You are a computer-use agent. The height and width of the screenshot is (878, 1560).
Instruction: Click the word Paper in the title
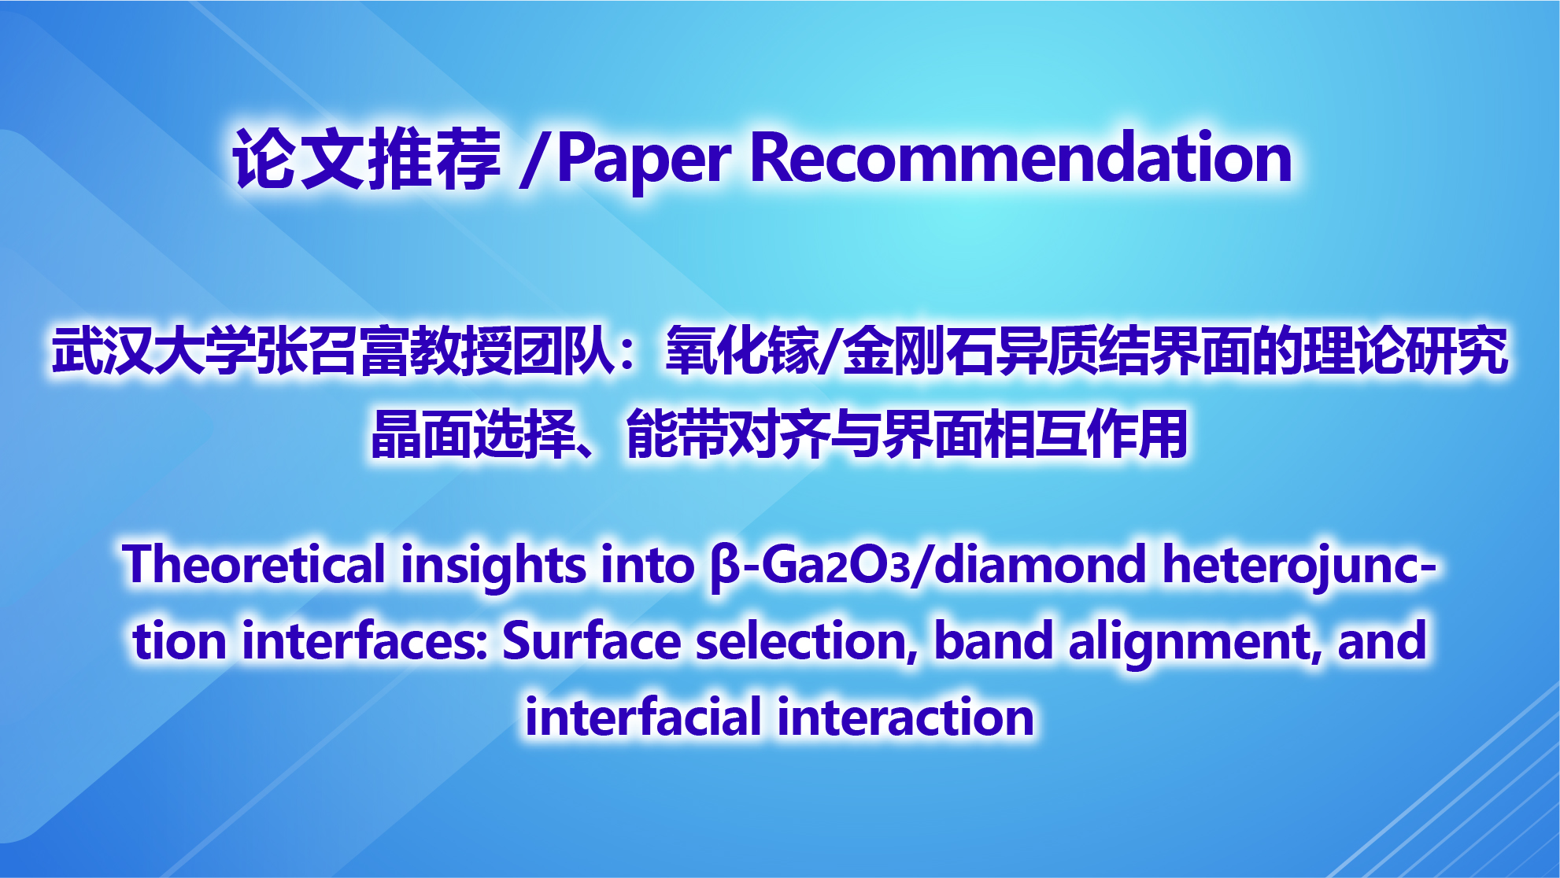coord(645,160)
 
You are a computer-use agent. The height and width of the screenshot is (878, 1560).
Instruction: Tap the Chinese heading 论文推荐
coord(367,159)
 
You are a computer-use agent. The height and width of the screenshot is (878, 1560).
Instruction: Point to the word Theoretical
coord(254,565)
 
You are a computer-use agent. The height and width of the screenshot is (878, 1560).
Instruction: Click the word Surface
coord(591,640)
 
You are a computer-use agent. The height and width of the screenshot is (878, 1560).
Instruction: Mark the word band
coord(993,640)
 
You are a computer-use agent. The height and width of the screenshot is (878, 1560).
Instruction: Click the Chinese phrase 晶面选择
coord(473,434)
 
